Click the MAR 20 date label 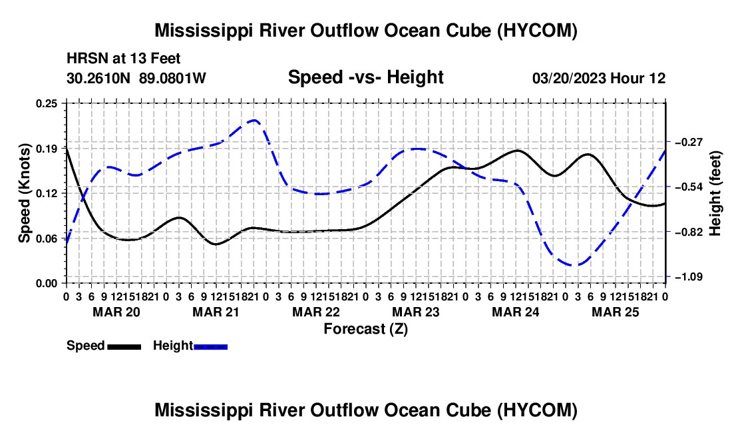click(x=116, y=312)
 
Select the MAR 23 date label click(x=415, y=312)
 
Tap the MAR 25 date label click(x=616, y=312)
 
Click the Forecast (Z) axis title click(x=365, y=329)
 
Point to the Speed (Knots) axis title click(x=24, y=193)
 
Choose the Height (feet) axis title click(x=715, y=193)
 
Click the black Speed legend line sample click(x=124, y=347)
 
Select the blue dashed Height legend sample click(x=210, y=347)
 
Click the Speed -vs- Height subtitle click(x=365, y=77)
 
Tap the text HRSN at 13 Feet click(x=123, y=59)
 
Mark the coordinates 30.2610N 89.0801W click(x=136, y=78)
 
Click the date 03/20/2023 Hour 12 click(x=599, y=78)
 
